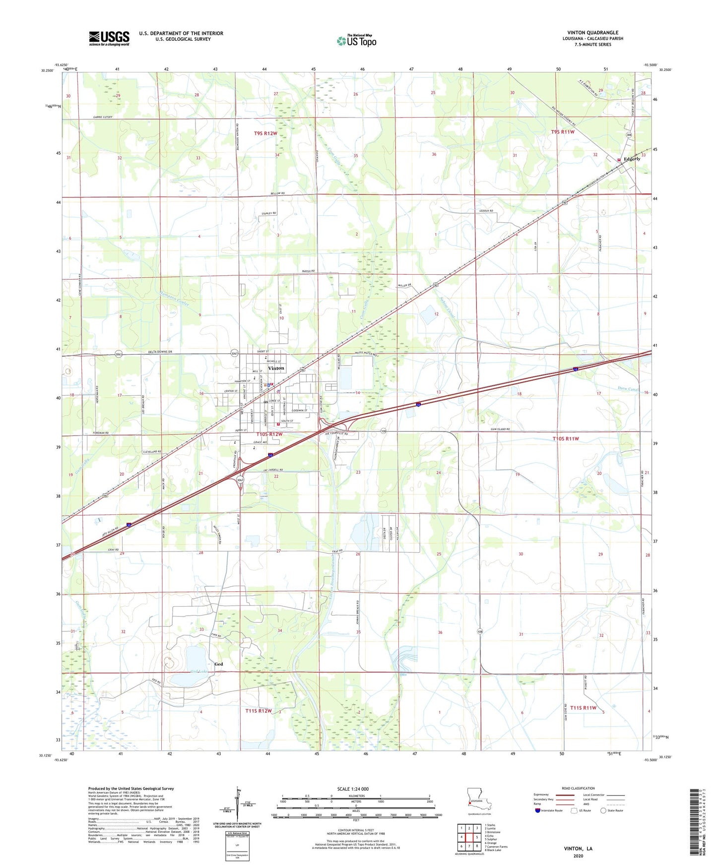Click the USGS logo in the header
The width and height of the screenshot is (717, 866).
[109, 38]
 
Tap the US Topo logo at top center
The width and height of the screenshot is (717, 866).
[356, 41]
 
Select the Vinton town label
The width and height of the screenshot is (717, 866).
[276, 368]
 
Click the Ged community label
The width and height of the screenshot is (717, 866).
[218, 664]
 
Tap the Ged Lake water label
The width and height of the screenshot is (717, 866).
[198, 672]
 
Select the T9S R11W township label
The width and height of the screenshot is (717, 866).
[562, 132]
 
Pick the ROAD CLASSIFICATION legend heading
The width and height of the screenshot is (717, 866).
[578, 788]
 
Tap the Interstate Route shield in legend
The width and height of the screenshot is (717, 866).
[538, 810]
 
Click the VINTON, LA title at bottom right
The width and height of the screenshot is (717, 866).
[578, 849]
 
